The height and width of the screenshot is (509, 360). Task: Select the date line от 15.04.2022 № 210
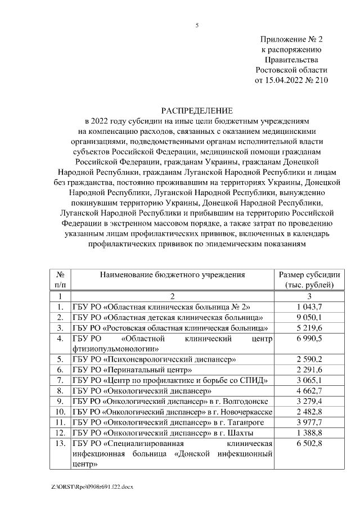pyautogui.click(x=291, y=80)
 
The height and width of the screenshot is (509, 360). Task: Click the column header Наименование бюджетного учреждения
pyautogui.click(x=173, y=274)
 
